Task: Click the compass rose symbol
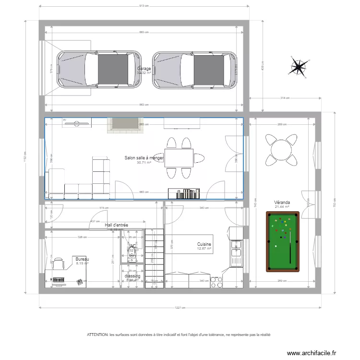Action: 299,68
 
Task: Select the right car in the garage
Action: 195,70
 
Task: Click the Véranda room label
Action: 282,203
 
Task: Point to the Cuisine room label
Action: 204,244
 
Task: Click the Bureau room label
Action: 83,259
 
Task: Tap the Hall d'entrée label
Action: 116,225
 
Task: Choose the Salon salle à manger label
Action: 144,158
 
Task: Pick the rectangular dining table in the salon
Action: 180,157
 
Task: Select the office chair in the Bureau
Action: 59,263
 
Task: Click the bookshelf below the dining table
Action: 184,193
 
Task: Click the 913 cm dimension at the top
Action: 144,6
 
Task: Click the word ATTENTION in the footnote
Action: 97,335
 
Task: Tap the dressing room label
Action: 132,276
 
